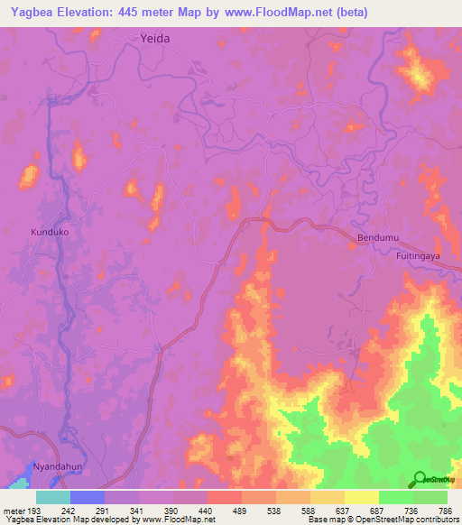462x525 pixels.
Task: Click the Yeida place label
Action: [155, 39]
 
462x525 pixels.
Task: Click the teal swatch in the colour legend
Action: [52, 497]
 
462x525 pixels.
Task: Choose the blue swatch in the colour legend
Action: [87, 497]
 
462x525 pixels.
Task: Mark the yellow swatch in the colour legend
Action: [362, 497]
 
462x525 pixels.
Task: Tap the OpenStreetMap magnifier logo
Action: [420, 479]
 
